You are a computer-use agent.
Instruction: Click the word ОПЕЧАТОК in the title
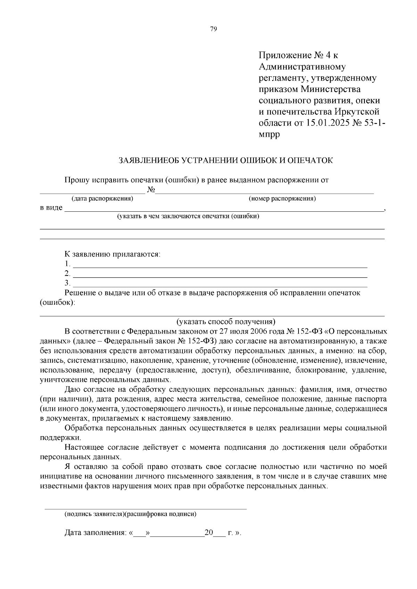(313, 160)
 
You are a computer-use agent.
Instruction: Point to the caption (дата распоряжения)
(102, 199)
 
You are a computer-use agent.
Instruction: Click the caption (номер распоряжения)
(282, 199)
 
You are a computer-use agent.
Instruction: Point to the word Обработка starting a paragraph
(83, 428)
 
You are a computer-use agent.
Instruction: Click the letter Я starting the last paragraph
(67, 466)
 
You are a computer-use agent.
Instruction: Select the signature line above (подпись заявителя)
(145, 508)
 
